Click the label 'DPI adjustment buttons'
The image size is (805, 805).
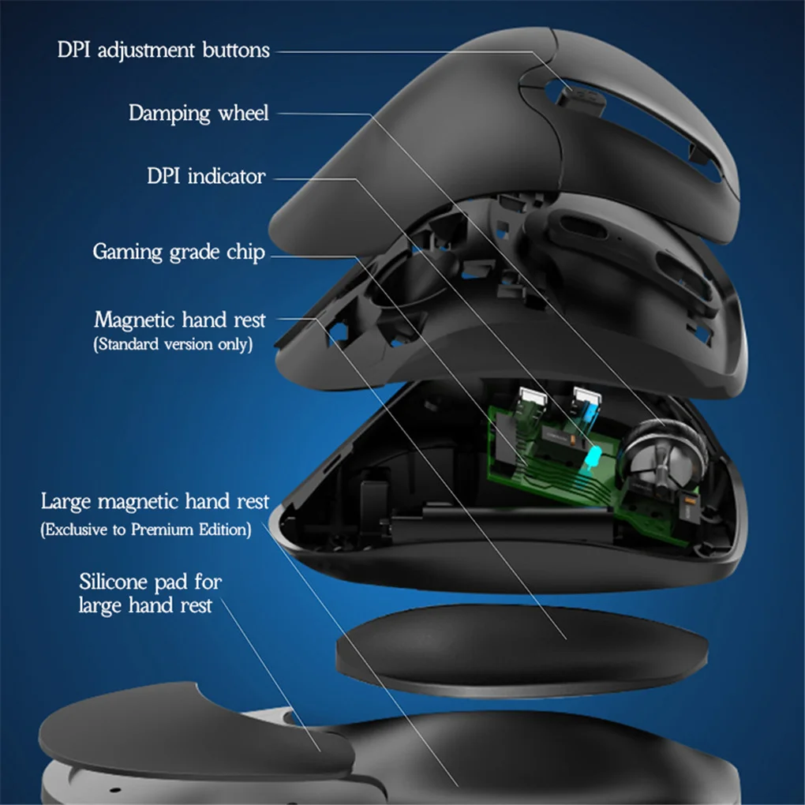click(163, 51)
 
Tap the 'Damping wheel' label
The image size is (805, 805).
click(199, 114)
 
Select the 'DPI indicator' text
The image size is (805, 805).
click(206, 175)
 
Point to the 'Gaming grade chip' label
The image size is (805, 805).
click(179, 253)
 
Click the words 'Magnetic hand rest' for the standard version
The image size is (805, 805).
click(180, 320)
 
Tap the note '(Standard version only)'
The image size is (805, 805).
click(174, 345)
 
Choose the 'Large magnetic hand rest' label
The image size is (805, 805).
click(155, 502)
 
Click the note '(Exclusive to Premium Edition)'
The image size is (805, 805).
click(146, 530)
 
